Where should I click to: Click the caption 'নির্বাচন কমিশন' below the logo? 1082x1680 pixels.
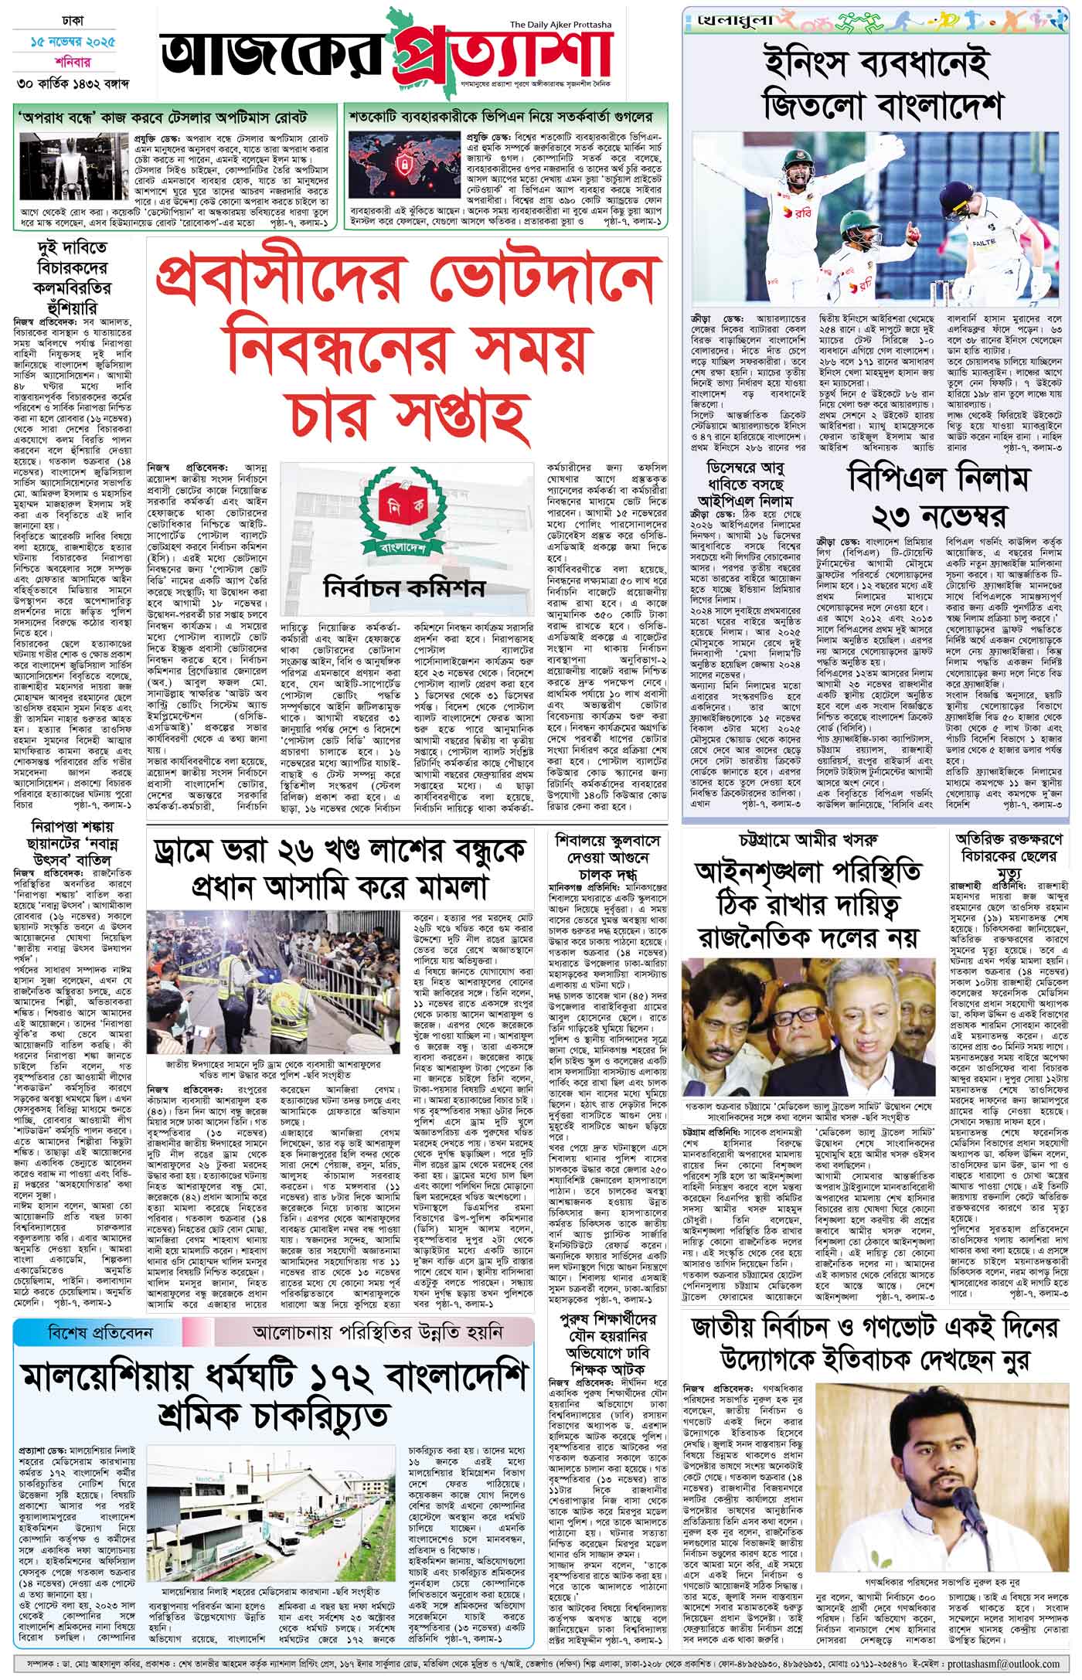click(x=405, y=588)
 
